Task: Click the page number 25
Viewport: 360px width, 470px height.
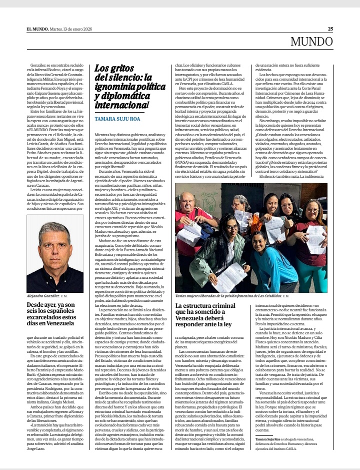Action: pos(330,29)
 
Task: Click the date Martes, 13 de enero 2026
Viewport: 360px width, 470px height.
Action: pos(72,29)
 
